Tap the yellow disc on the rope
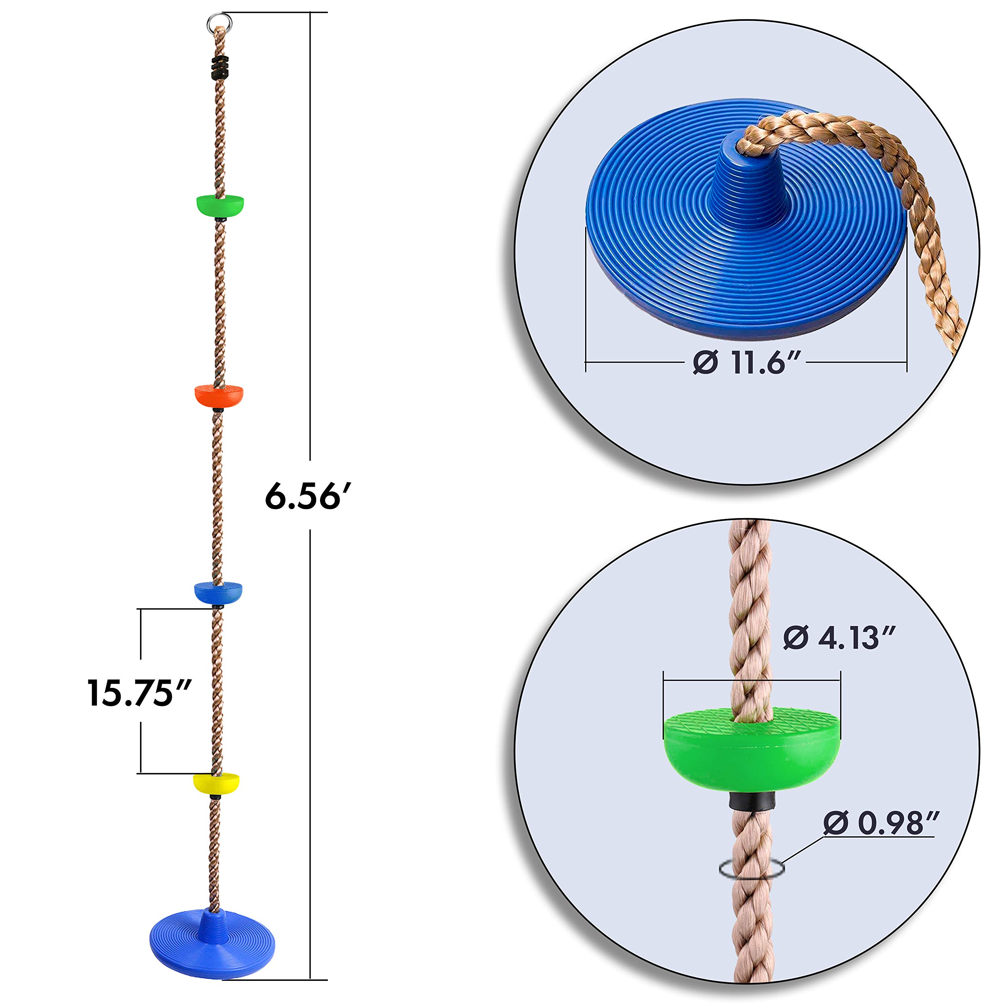[216, 783]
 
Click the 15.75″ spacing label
[139, 693]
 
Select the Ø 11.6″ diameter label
[747, 362]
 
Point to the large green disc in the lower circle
[751, 751]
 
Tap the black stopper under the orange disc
[218, 410]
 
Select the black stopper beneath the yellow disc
[216, 796]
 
